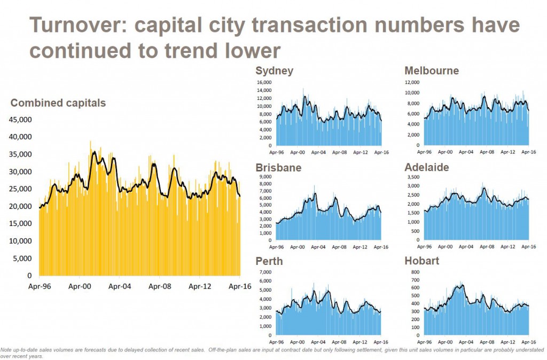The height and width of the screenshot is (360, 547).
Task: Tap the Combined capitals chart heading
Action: (58, 103)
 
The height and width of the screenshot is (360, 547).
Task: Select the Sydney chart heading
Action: (274, 71)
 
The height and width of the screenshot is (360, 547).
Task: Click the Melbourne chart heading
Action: (432, 71)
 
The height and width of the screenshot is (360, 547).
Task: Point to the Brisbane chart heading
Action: (278, 167)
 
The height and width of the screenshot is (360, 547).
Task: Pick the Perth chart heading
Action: (269, 262)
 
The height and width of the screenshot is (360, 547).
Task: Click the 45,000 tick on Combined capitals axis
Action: (21, 119)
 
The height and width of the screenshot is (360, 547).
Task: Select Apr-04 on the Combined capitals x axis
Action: (120, 286)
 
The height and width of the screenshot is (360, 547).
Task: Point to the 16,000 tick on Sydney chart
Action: (264, 83)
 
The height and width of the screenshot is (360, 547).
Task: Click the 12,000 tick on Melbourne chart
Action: (412, 83)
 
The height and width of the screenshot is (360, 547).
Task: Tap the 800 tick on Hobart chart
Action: (416, 272)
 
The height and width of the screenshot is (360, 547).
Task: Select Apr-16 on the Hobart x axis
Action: (528, 341)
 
